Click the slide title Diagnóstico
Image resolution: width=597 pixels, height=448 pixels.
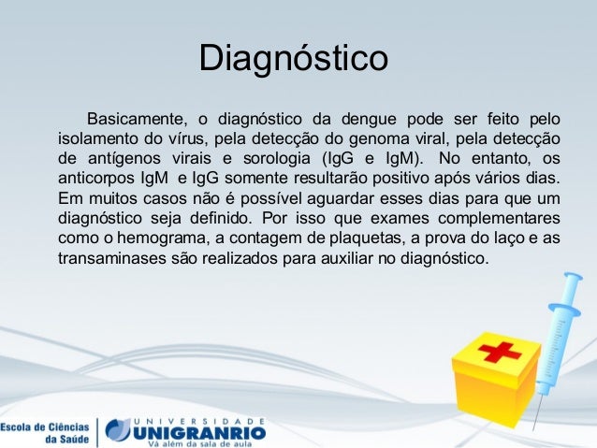[x=293, y=57]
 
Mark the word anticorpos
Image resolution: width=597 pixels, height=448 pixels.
[x=95, y=178]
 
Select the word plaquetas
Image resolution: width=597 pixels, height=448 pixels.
[x=342, y=237]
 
